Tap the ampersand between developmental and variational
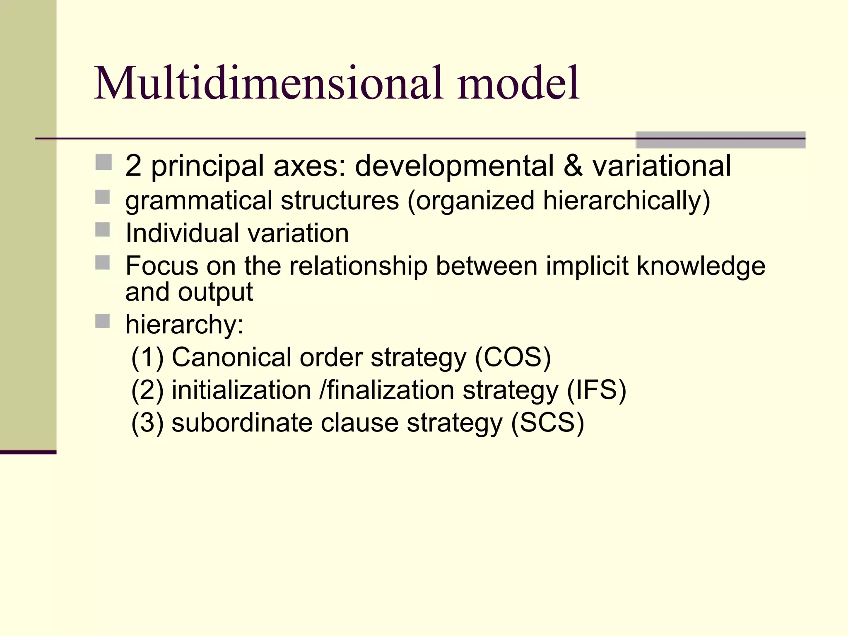pos(573,166)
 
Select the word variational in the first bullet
pos(661,166)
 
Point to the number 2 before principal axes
pos(133,166)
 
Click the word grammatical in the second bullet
pos(199,201)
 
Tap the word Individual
pos(183,233)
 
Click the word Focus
pos(162,266)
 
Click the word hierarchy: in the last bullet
pos(185,325)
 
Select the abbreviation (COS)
pos(513,357)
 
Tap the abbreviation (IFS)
pos(596,390)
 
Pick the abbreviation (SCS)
pos(547,423)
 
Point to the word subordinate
pos(242,423)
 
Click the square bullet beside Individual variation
pos(103,230)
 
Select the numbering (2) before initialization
pos(147,390)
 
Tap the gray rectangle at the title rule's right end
pos(720,140)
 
